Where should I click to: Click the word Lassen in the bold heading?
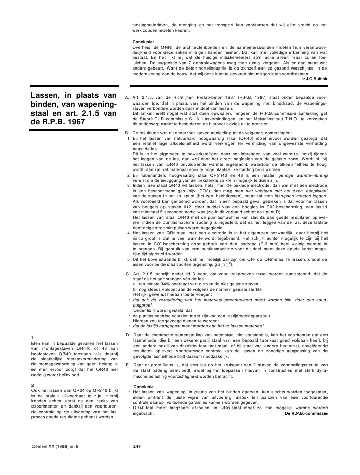46,95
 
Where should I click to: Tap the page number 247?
136,447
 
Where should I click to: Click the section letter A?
127,95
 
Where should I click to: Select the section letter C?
127,274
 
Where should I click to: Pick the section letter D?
127,335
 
